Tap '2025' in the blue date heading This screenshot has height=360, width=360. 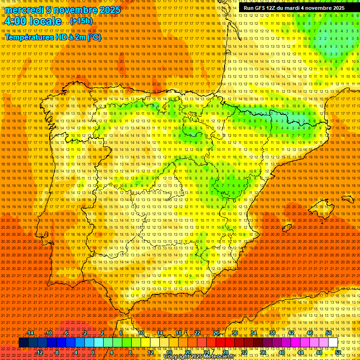click(x=109, y=10)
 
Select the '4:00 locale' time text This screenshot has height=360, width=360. click(x=33, y=22)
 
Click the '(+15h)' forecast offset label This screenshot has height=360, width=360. click(x=81, y=21)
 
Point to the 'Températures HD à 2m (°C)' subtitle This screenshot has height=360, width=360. click(x=52, y=37)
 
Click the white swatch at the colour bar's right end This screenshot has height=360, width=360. click(x=333, y=343)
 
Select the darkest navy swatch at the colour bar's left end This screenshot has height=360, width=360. click(x=24, y=343)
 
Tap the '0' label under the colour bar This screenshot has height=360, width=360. click(x=93, y=352)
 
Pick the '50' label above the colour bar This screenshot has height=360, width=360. click(x=329, y=333)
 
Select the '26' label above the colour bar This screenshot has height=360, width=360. click(x=216, y=333)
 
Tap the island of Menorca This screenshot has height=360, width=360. click(x=347, y=199)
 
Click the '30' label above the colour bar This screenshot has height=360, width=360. click(x=235, y=333)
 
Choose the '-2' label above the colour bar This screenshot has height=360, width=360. click(x=84, y=333)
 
